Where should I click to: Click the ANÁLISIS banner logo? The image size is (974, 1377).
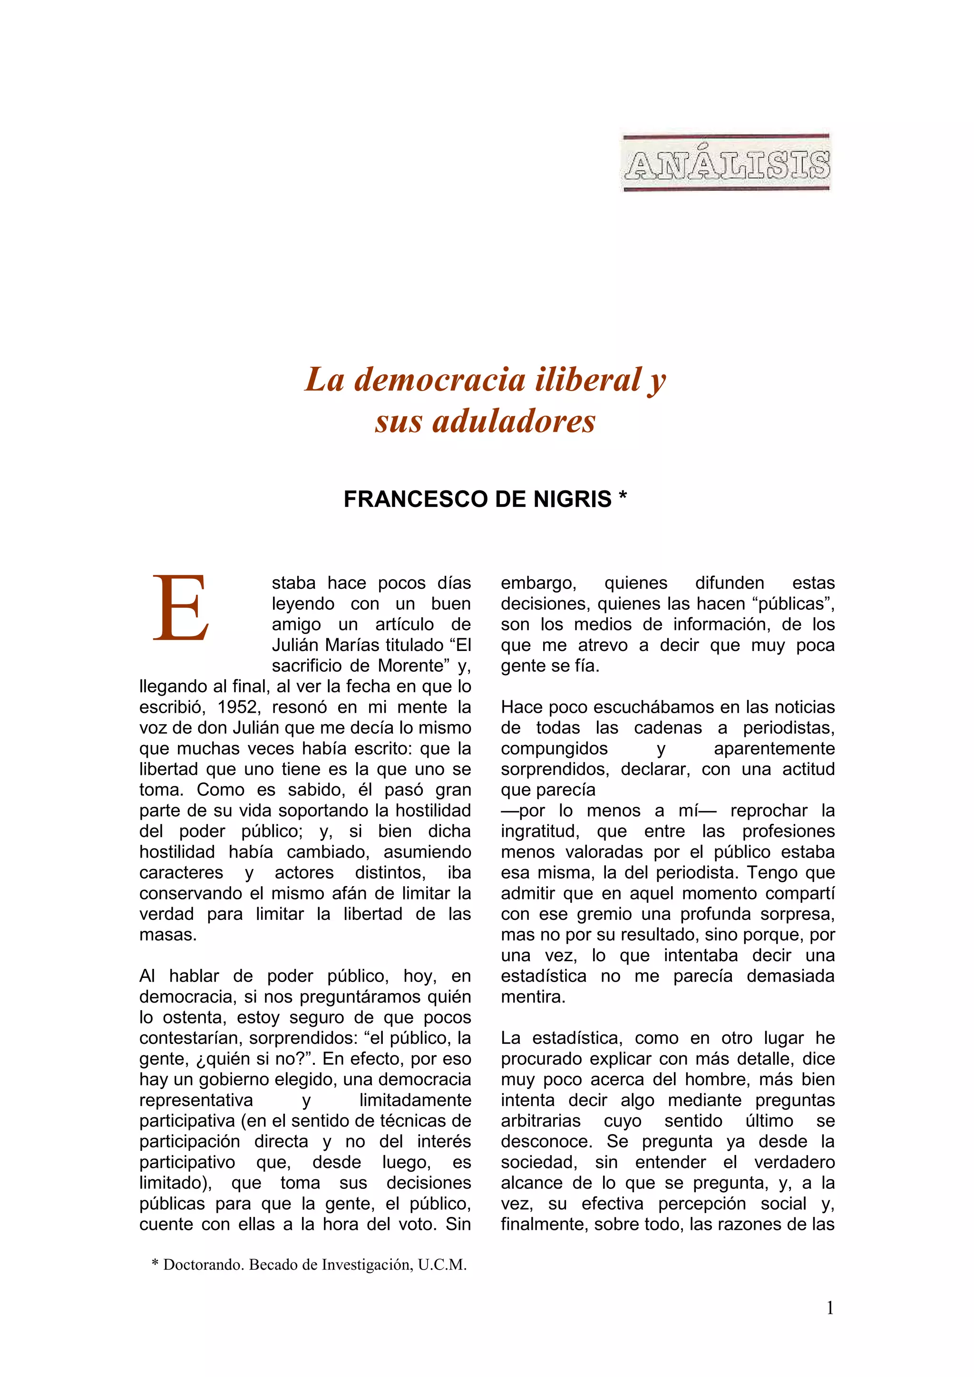coord(726,163)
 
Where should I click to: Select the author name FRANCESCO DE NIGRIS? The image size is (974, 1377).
coord(477,499)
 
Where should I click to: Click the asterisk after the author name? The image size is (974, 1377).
coord(623,497)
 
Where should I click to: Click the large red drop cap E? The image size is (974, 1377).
coord(181,608)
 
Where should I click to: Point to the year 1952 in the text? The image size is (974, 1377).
coord(238,707)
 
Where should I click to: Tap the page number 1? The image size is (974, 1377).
coord(830,1308)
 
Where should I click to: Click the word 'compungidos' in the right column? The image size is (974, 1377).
coord(554,748)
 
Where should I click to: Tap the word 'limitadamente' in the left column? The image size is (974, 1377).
coord(415,1100)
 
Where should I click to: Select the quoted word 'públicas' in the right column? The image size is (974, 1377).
coord(793,603)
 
